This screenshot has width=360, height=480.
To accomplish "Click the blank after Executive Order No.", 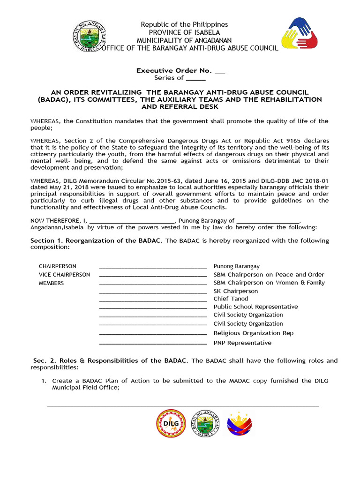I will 219,71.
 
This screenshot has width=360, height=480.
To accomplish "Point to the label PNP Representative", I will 242,343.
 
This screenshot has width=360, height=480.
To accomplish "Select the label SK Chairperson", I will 236,291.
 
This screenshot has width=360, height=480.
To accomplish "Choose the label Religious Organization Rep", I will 254,333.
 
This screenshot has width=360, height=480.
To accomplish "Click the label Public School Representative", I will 255,307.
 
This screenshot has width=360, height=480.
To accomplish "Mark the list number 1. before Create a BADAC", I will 45,381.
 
